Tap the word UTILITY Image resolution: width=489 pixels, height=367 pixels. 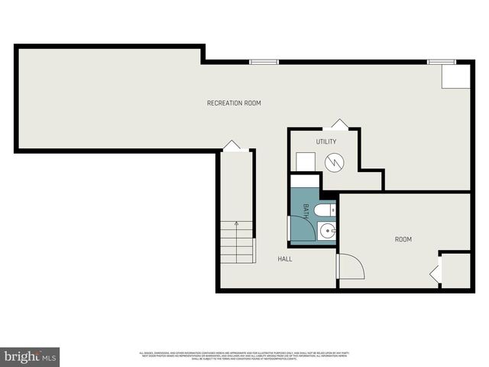(326, 141)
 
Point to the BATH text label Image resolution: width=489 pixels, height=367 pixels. (306, 210)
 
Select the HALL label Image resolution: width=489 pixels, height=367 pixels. (285, 258)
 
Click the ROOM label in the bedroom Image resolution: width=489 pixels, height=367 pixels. (403, 239)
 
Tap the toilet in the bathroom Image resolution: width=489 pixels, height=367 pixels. (324, 209)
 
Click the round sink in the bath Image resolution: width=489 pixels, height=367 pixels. (326, 230)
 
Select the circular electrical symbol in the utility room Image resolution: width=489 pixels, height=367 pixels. (333, 161)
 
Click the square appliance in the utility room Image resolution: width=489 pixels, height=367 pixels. (306, 162)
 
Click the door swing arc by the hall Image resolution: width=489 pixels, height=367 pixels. (351, 266)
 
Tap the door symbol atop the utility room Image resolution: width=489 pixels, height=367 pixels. (339, 124)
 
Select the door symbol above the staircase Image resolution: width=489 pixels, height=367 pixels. (232, 145)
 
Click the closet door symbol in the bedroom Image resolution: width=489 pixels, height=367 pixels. (436, 272)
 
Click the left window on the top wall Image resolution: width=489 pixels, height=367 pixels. (264, 61)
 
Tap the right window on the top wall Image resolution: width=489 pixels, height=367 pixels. (441, 61)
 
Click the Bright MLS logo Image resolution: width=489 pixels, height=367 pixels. (30, 356)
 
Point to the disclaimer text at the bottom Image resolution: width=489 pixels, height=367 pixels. (244, 356)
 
